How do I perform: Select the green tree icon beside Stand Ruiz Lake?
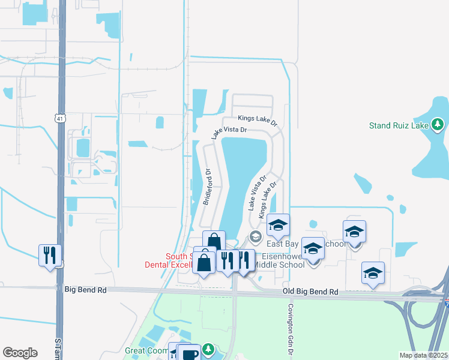[x=438, y=125]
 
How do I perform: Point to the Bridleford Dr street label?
[x=208, y=187]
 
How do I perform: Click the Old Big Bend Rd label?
[x=310, y=292]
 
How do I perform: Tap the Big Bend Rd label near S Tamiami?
[x=85, y=290]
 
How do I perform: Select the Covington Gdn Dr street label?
[x=291, y=323]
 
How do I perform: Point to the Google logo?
[x=20, y=353]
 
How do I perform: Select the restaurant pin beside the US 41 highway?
[x=49, y=255]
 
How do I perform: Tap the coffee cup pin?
[x=190, y=353]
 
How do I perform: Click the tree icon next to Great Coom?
[x=208, y=349]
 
